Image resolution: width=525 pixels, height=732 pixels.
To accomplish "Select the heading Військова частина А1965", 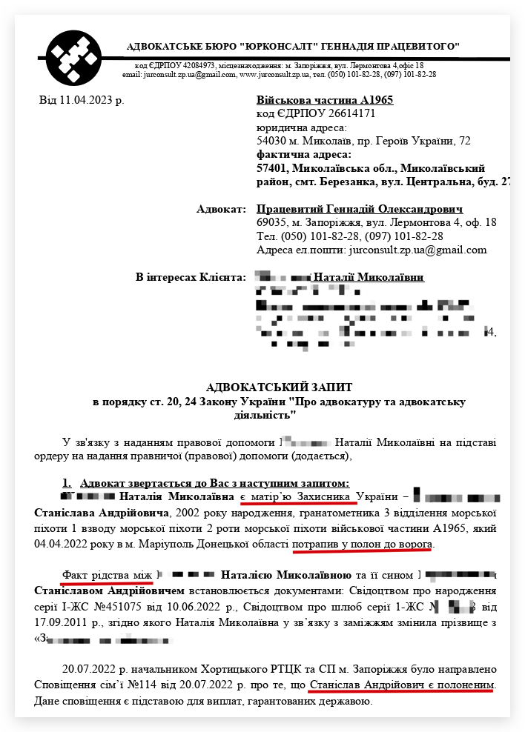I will point(324,100).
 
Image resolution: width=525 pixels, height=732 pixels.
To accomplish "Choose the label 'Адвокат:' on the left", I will point(220,209).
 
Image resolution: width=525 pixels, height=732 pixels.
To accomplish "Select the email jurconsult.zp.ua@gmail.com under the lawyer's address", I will point(416,250).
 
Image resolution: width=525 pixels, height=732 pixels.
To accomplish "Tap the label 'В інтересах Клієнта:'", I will point(190,277).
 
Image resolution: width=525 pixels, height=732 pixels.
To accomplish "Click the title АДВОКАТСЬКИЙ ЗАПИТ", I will point(279,387).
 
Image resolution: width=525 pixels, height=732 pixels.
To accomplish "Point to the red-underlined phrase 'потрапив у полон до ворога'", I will point(362,545).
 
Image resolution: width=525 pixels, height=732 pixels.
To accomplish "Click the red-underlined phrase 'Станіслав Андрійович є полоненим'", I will point(402,685).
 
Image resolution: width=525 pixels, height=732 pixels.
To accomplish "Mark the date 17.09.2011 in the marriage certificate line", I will point(59,622).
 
